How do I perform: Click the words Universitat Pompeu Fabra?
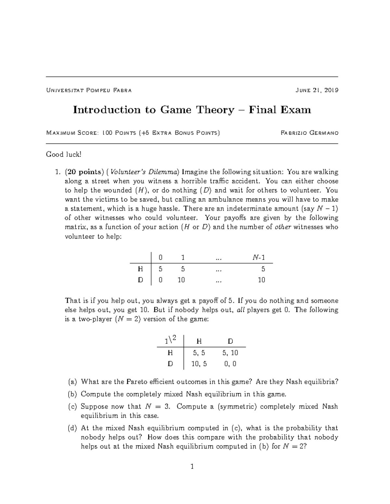click(89, 90)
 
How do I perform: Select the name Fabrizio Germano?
click(309, 133)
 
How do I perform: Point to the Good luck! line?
click(63, 154)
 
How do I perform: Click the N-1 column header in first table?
click(259, 258)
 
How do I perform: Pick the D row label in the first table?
click(140, 280)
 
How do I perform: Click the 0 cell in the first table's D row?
click(160, 280)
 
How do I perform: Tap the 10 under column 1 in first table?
click(181, 280)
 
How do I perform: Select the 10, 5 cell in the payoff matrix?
click(199, 364)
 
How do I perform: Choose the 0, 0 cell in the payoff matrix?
click(230, 364)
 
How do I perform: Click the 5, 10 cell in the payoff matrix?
click(230, 353)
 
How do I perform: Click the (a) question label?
click(72, 382)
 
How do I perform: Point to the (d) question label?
click(72, 428)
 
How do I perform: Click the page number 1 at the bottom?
click(192, 467)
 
